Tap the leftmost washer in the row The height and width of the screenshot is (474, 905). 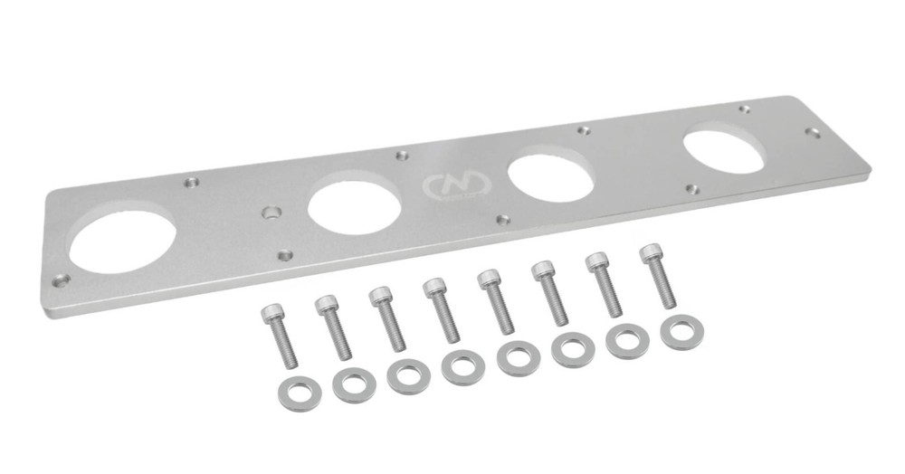(299, 393)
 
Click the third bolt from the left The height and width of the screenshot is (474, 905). (386, 318)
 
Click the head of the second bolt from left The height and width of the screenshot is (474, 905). (326, 304)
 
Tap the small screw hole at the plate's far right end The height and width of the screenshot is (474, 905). (813, 132)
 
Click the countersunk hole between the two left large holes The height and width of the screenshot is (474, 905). (270, 214)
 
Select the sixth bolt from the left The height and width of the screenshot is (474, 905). (549, 291)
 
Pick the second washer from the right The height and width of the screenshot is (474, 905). (625, 341)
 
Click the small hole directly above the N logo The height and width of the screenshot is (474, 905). (402, 156)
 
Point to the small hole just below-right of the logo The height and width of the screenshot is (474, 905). (503, 219)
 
